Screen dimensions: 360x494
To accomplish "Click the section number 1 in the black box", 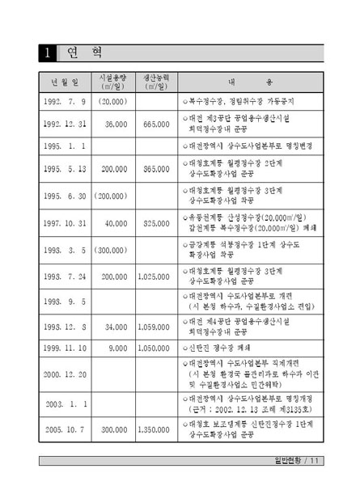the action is pyautogui.click(x=49, y=54).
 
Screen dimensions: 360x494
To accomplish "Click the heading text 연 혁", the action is pyautogui.click(x=83, y=54).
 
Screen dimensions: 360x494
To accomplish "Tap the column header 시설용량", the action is pyautogui.click(x=113, y=82).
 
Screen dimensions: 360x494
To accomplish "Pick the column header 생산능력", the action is pyautogui.click(x=155, y=82).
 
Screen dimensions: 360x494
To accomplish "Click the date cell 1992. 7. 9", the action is pyautogui.click(x=65, y=103).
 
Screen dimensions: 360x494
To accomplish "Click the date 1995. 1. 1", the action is pyautogui.click(x=65, y=146).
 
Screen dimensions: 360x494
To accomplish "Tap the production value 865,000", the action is pyautogui.click(x=155, y=169).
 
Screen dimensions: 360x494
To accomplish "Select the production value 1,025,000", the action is pyautogui.click(x=155, y=277).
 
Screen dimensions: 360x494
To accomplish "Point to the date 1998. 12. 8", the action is pyautogui.click(x=65, y=327).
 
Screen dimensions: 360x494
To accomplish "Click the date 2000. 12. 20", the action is pyautogui.click(x=65, y=374).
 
